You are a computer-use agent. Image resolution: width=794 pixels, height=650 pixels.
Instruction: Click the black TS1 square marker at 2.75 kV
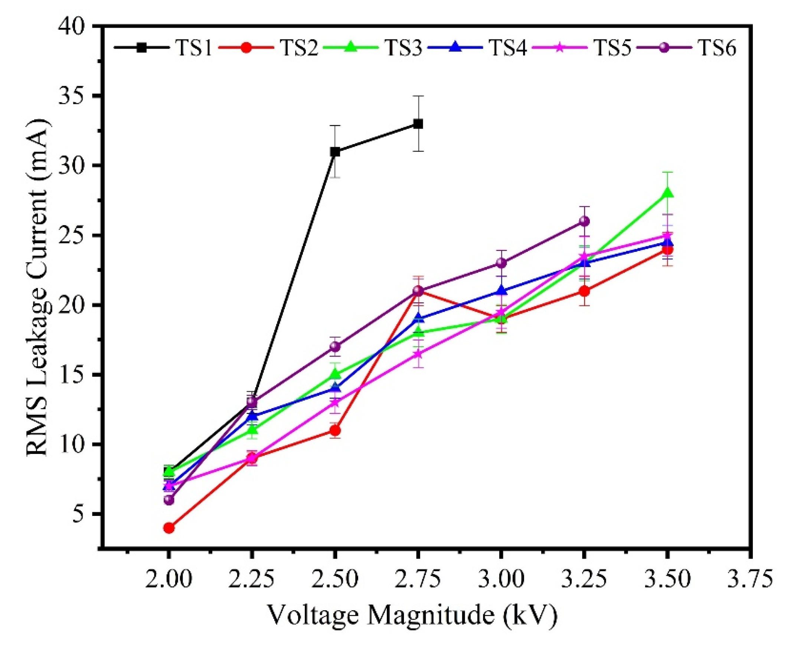418,124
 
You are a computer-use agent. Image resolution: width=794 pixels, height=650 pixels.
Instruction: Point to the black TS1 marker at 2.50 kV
335,152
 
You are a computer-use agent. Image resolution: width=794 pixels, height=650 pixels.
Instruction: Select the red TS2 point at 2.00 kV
169,528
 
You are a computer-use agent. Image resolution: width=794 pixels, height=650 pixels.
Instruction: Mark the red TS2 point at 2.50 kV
335,430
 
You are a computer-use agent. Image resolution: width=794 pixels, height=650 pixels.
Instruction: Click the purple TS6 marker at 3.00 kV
501,263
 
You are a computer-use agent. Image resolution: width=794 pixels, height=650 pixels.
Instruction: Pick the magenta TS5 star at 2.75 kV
418,354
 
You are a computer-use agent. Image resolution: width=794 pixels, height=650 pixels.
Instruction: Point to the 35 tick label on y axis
76,96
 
